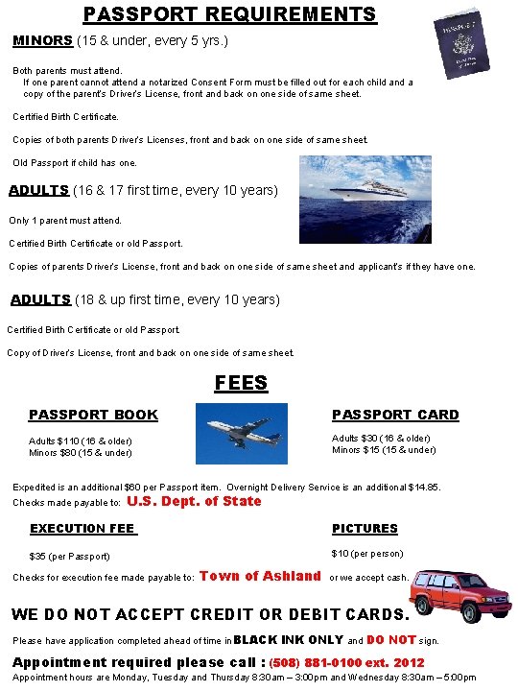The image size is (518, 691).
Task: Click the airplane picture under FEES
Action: click(241, 434)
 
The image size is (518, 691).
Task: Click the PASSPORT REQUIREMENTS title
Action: click(229, 14)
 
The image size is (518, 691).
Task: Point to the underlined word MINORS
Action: click(42, 41)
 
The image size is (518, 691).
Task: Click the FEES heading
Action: click(241, 383)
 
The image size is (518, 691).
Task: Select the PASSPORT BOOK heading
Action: click(93, 415)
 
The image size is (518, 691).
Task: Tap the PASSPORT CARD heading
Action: click(395, 415)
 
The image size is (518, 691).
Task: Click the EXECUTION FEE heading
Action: click(82, 529)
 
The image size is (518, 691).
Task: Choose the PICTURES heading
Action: click(365, 529)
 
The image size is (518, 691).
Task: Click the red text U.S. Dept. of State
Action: click(194, 501)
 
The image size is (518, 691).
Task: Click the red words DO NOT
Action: click(391, 639)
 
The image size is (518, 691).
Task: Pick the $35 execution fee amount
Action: click(38, 557)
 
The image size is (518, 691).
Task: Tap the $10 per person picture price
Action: click(341, 554)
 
